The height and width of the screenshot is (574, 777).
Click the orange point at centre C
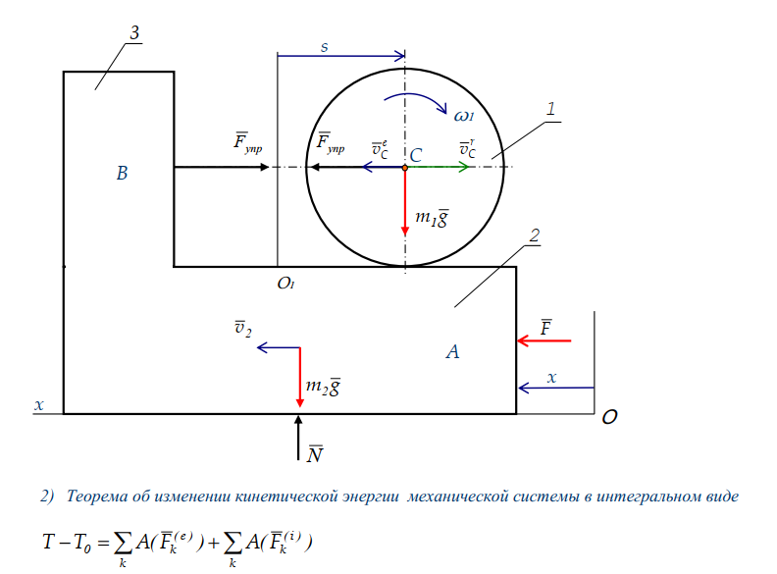click(405, 168)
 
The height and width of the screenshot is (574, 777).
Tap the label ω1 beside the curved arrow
click(464, 116)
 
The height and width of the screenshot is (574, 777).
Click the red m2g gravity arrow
click(300, 377)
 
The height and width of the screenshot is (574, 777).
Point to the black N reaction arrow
click(298, 438)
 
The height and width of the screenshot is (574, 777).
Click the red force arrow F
click(544, 340)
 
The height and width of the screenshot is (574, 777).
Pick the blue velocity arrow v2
click(279, 347)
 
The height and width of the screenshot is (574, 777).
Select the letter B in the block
click(122, 173)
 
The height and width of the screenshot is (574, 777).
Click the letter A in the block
click(452, 351)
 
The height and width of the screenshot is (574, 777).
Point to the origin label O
click(609, 417)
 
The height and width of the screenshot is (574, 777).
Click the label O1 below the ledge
click(285, 283)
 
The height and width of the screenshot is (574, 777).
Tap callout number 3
click(134, 32)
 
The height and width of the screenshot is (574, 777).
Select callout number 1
click(550, 109)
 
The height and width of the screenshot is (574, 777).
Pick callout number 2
click(534, 235)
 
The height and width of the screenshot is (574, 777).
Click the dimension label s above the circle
click(324, 47)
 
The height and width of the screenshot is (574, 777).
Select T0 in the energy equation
click(81, 542)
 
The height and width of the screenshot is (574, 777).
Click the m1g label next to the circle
click(432, 218)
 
